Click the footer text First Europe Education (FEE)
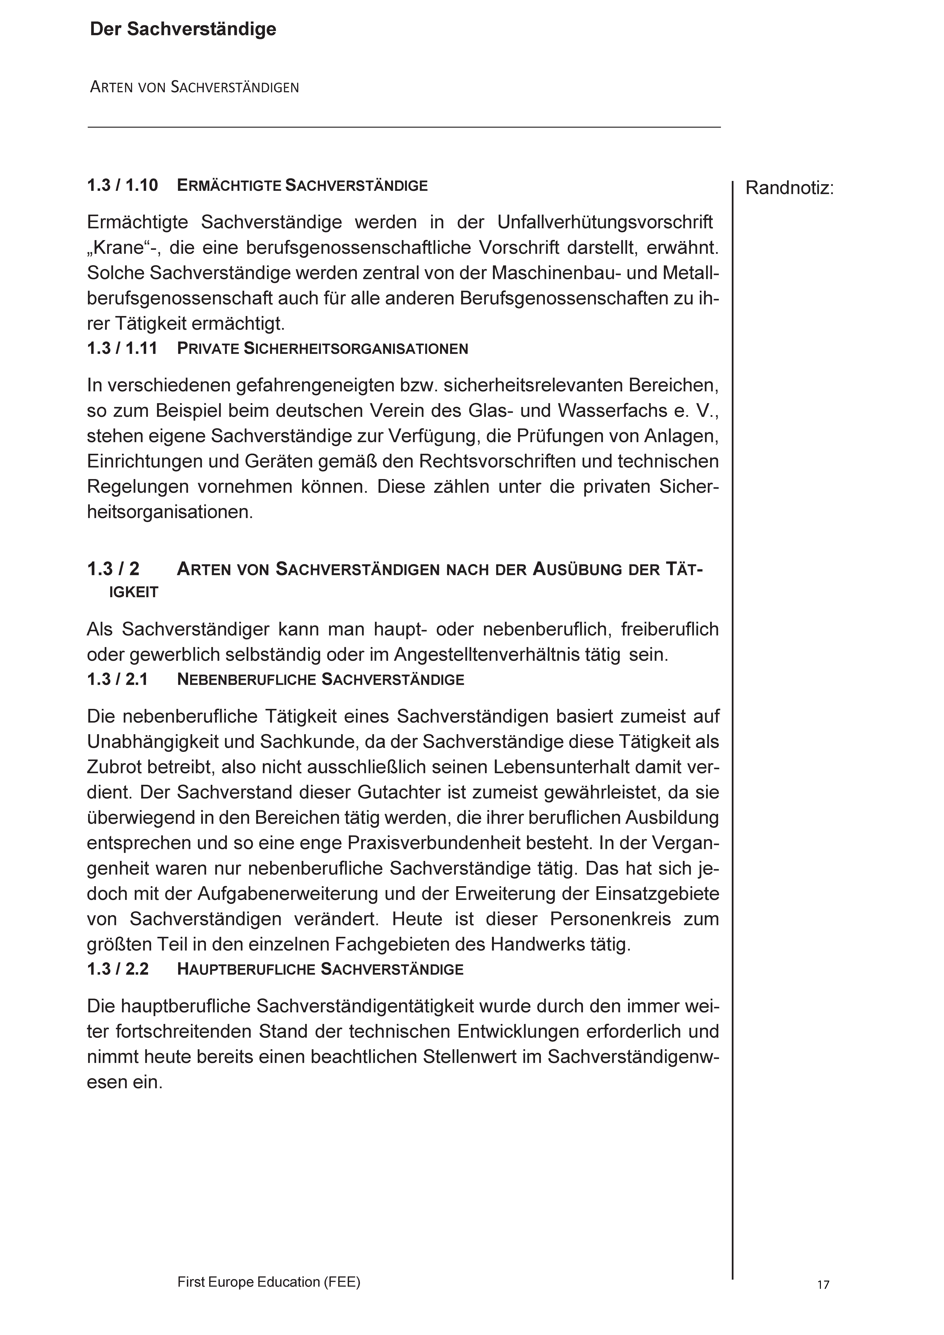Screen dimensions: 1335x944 [x=269, y=1266]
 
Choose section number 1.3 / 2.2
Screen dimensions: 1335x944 [x=118, y=969]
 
